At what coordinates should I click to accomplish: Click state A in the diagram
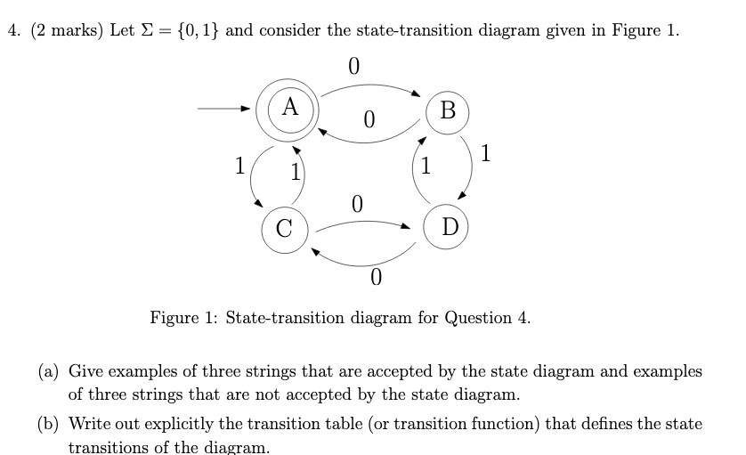point(289,109)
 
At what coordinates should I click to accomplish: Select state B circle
point(448,110)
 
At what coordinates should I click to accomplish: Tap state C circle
point(284,227)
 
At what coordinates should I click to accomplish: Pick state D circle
point(449,226)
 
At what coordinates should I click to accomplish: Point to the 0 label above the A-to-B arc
point(353,67)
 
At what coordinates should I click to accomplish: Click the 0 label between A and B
point(369,118)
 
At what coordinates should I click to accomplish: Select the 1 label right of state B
point(484,154)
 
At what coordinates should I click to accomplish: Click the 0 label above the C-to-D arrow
point(357,204)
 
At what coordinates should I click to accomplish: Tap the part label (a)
point(49,370)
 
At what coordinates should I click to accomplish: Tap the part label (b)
point(50,424)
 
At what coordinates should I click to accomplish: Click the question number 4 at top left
point(12,30)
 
